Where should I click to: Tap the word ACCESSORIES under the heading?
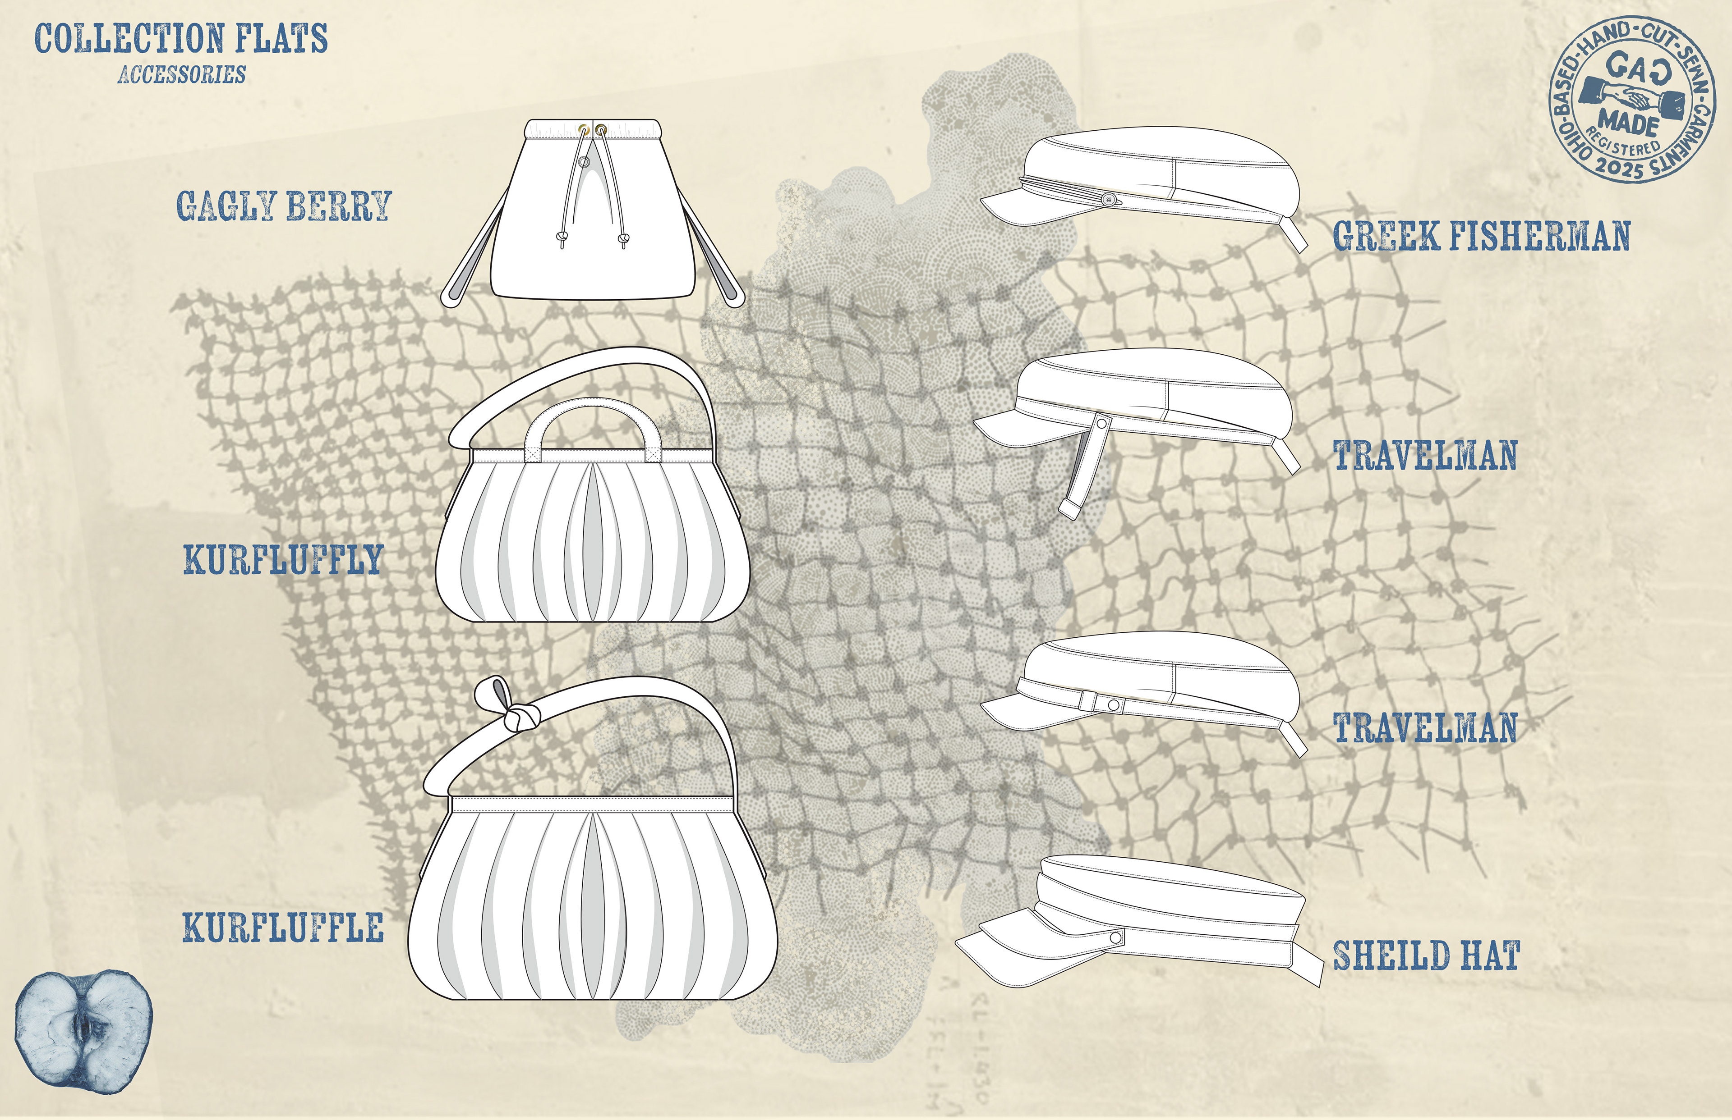(x=181, y=74)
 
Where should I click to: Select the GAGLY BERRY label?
(x=284, y=206)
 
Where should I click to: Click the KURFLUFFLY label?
(x=283, y=559)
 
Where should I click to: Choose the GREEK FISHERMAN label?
(x=1481, y=236)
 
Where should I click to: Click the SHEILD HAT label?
(x=1426, y=955)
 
